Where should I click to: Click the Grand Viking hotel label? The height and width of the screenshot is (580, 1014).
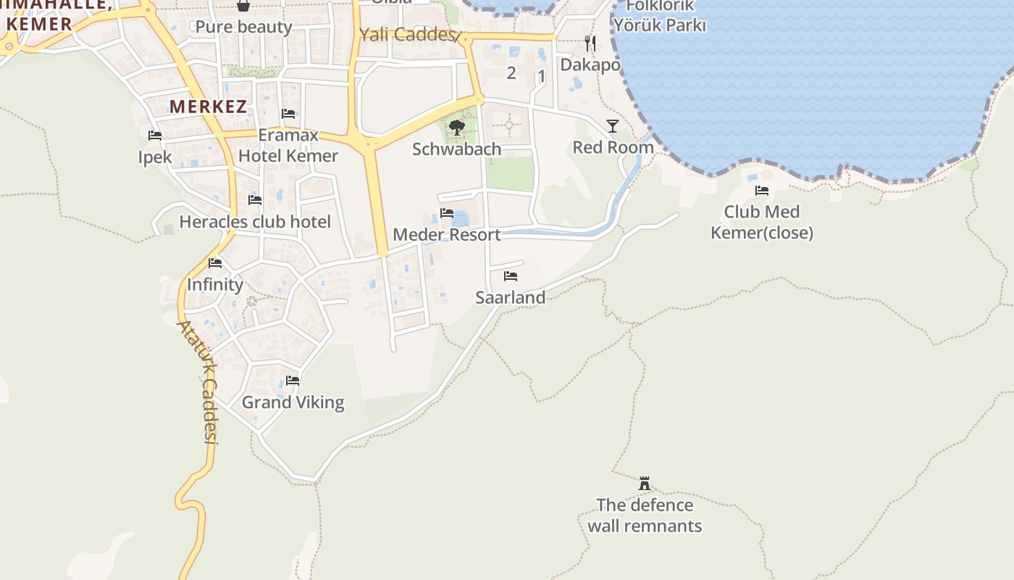(x=293, y=402)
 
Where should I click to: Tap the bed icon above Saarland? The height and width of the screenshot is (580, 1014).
(x=511, y=276)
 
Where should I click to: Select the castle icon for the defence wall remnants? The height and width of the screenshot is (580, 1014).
(x=644, y=483)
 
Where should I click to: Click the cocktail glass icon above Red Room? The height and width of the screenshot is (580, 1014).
(x=613, y=126)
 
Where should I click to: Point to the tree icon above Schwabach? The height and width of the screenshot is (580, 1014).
(x=456, y=128)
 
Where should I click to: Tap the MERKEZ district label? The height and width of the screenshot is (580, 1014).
(x=208, y=107)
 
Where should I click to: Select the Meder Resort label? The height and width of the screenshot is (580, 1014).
(x=446, y=235)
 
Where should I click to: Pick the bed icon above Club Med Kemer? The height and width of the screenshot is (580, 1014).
(x=762, y=191)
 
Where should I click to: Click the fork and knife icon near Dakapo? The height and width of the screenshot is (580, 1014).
(x=590, y=43)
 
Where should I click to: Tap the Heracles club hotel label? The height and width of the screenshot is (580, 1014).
(x=255, y=222)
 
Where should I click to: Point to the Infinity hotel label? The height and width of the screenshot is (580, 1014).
(x=215, y=285)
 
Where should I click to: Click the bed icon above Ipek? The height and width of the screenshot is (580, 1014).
(x=154, y=136)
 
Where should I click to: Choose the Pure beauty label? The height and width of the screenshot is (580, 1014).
(x=244, y=27)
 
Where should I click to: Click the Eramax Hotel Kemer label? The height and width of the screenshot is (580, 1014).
(x=288, y=146)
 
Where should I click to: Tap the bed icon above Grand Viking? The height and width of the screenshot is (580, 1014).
(x=293, y=380)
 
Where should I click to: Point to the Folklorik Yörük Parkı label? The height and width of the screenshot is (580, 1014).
(x=660, y=15)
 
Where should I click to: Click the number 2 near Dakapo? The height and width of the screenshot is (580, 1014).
(x=511, y=73)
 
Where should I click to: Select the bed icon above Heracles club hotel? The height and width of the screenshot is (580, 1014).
(x=255, y=199)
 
